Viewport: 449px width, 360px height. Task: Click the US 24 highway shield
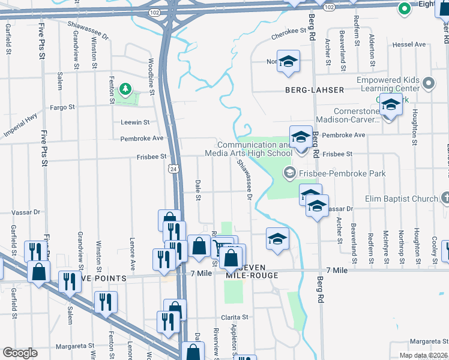tap(173, 170)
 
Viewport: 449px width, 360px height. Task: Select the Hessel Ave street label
tap(408, 44)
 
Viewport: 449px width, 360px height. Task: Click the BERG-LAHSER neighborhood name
tap(319, 90)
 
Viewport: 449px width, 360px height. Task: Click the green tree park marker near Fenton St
tap(125, 90)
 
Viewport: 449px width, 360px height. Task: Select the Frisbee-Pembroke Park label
tap(343, 173)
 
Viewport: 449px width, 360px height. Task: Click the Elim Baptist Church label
tap(402, 199)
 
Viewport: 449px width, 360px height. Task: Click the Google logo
tap(20, 353)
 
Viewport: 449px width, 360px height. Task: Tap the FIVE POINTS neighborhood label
tap(98, 278)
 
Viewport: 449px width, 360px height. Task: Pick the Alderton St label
tap(372, 50)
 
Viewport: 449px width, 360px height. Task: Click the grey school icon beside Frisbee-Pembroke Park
tap(289, 173)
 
